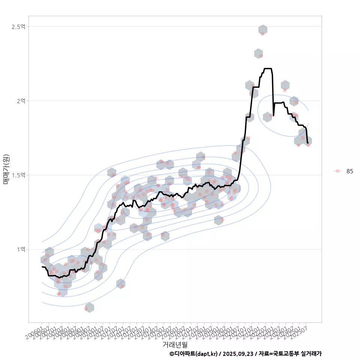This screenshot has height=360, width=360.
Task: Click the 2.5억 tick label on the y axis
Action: (x=18, y=27)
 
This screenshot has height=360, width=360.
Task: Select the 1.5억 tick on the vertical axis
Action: (x=18, y=175)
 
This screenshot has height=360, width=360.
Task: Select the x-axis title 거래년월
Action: (x=175, y=344)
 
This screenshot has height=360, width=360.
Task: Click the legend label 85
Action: (x=349, y=171)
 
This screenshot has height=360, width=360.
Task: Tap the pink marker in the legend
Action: (x=337, y=171)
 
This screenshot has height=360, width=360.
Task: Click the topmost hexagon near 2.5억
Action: (x=263, y=30)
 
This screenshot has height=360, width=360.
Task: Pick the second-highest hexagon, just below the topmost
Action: (x=258, y=53)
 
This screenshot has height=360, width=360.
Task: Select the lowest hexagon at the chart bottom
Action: (x=89, y=307)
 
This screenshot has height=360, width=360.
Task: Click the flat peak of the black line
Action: (x=268, y=69)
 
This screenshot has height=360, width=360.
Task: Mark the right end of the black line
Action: (x=307, y=142)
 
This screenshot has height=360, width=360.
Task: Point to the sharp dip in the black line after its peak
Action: (x=274, y=115)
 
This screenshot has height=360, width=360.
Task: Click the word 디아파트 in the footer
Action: (x=185, y=354)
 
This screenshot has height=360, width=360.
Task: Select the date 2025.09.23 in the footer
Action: (x=236, y=354)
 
